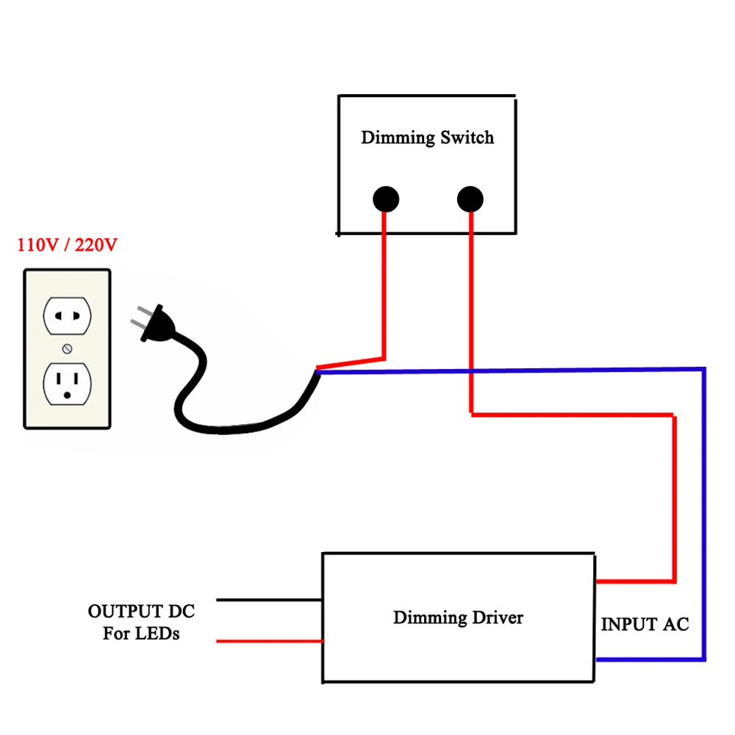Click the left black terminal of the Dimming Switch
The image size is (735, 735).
tap(385, 199)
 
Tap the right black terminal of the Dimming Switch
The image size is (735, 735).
tap(470, 199)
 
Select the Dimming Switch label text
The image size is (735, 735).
tap(427, 137)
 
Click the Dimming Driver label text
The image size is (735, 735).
tap(458, 617)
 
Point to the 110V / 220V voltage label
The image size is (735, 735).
tap(67, 245)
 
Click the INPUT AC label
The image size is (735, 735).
tap(645, 625)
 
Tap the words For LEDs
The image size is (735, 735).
tap(141, 633)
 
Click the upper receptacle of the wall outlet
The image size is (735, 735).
tap(67, 315)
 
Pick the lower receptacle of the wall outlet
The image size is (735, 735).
tap(67, 384)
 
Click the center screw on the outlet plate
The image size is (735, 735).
tap(68, 348)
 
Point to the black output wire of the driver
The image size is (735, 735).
tap(269, 600)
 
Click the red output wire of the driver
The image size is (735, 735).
tap(269, 642)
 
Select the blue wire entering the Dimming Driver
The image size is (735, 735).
tap(647, 659)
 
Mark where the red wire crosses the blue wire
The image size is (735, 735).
tap(470, 370)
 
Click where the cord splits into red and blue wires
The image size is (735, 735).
tap(317, 370)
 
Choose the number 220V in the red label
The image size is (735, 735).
tap(95, 245)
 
